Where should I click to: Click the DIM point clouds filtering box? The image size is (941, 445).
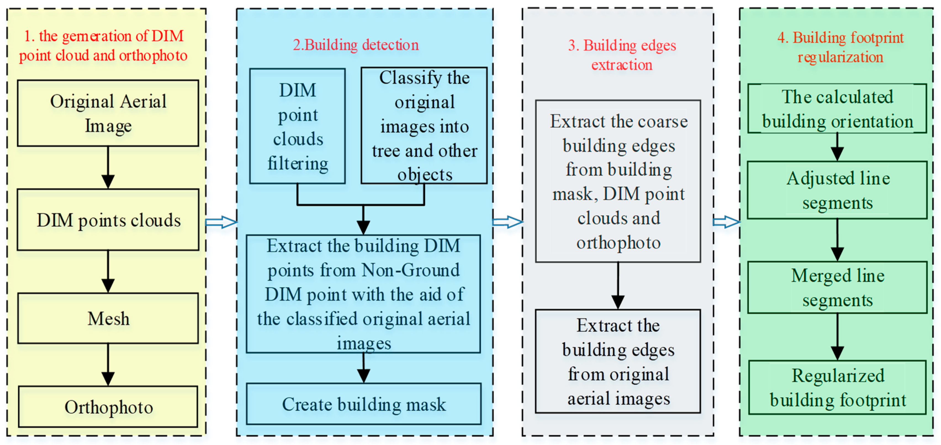click(297, 126)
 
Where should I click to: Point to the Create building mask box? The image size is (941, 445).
click(363, 404)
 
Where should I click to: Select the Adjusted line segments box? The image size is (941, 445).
click(837, 190)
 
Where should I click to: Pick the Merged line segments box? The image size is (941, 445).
click(837, 288)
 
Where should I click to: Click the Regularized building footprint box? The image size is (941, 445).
click(837, 388)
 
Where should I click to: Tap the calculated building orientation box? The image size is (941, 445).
click(837, 109)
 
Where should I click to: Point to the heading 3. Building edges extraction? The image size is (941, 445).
click(622, 55)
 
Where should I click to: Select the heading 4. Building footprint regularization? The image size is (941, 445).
click(840, 47)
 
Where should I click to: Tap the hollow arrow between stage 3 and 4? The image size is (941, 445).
click(726, 222)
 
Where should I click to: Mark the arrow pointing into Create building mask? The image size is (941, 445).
click(363, 368)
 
